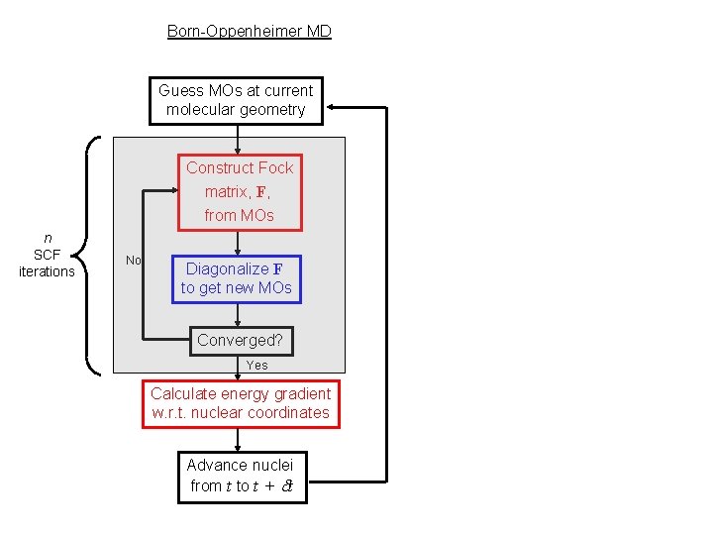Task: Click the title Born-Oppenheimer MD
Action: click(250, 31)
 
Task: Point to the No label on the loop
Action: click(134, 261)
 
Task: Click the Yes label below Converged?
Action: click(256, 365)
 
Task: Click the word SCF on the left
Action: click(47, 255)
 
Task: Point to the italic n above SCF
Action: click(48, 238)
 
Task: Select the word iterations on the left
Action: click(47, 271)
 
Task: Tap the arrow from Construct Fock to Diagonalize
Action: click(238, 244)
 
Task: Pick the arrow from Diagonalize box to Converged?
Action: click(238, 315)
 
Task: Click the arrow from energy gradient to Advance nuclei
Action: click(238, 440)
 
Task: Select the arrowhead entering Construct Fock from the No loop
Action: click(173, 190)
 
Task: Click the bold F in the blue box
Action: click(277, 269)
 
